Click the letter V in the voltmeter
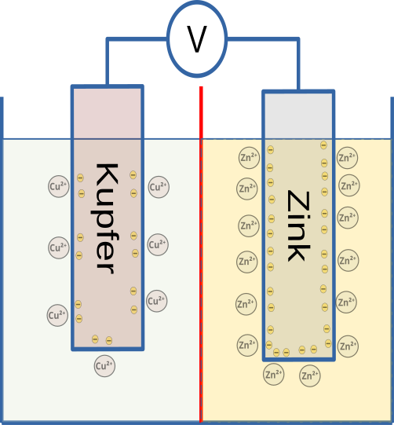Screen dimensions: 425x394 tap(196, 40)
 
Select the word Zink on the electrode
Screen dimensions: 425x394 tap(297, 225)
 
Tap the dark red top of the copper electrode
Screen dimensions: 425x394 tap(107, 113)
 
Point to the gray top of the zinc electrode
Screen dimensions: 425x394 tap(297, 116)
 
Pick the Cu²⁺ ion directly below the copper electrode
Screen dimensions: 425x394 tap(104, 365)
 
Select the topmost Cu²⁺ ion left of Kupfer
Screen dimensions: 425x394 tap(59, 187)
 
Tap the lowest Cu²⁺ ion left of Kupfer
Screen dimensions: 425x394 tap(57, 316)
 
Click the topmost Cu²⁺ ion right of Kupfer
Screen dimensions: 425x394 tap(159, 187)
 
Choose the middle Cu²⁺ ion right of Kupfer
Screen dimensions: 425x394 tap(158, 244)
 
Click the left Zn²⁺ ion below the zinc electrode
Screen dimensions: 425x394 tap(274, 375)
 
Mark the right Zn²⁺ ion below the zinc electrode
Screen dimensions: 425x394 tap(311, 376)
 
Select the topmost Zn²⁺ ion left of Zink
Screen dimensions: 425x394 tap(248, 157)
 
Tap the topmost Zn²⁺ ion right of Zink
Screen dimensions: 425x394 tap(347, 157)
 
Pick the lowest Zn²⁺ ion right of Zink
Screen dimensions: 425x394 tap(347, 345)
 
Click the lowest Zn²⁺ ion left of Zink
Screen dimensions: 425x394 tap(247, 344)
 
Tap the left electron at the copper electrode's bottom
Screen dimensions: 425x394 tap(95, 339)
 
